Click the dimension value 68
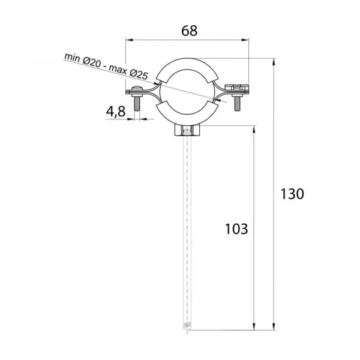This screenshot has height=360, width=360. coord(189,31)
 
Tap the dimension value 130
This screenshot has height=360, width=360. coord(292,194)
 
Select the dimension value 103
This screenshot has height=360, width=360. coord(236,229)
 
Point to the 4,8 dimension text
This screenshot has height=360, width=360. coord(115,112)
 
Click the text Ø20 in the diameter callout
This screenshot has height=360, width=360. coord(92,62)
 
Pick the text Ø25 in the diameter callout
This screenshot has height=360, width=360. coord(139,74)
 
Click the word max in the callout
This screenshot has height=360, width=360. coord(118,69)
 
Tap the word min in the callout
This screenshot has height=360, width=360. coord(72,57)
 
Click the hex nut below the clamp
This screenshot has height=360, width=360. coord(187,130)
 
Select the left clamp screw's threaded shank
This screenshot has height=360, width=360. coord(137,103)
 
